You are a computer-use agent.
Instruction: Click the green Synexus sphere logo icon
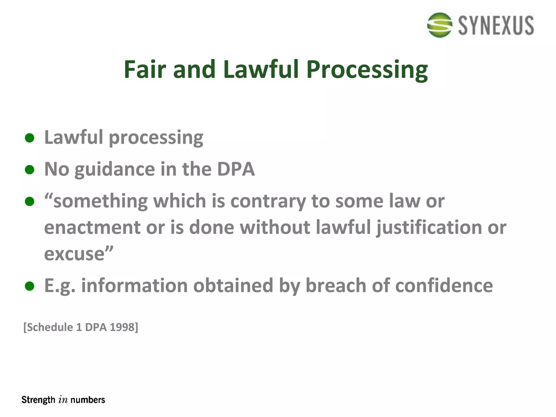click(x=440, y=25)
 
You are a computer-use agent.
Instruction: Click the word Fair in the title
click(x=144, y=69)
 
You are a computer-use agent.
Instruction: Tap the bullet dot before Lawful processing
click(x=29, y=138)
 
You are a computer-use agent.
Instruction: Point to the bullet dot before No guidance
click(x=29, y=170)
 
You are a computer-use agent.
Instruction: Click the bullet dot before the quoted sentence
click(x=29, y=201)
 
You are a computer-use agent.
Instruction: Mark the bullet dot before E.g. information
click(x=29, y=286)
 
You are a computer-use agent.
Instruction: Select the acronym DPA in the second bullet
click(x=236, y=169)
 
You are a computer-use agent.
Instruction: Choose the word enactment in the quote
click(x=92, y=227)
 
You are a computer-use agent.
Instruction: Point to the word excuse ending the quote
click(x=74, y=254)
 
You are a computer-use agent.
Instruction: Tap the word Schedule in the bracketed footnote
click(x=50, y=327)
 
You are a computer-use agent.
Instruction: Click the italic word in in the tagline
click(x=63, y=400)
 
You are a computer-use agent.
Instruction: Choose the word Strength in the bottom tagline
click(x=38, y=400)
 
